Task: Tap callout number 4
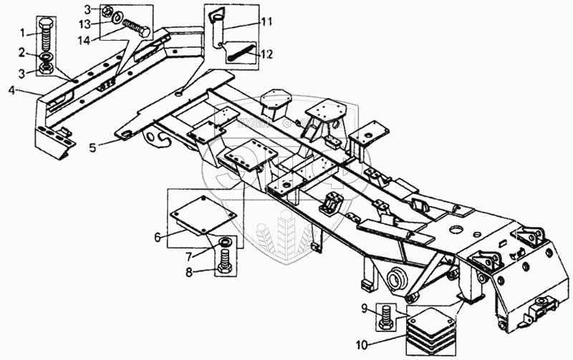click(x=12, y=89)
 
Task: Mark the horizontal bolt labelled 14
click(x=135, y=29)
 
